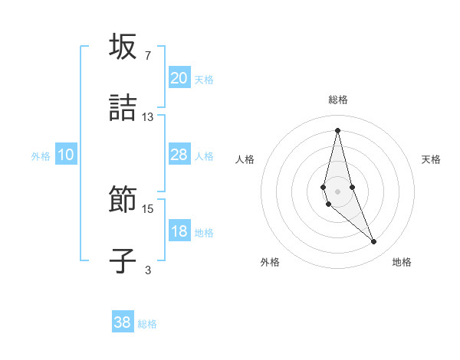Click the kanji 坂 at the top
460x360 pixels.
click(x=123, y=47)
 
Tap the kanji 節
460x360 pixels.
click(x=123, y=200)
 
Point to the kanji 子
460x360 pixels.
click(x=123, y=260)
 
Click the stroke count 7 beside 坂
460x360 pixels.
click(x=148, y=56)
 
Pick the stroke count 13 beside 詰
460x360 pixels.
click(x=148, y=116)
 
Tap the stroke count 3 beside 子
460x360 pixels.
click(x=148, y=270)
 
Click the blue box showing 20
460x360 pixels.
click(x=179, y=78)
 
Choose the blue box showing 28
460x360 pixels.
click(x=179, y=155)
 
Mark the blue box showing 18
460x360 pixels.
click(x=179, y=231)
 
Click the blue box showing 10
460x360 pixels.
click(x=66, y=155)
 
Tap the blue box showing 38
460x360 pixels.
click(x=123, y=322)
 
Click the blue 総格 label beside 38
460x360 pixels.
click(x=147, y=324)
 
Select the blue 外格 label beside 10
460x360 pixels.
click(x=41, y=155)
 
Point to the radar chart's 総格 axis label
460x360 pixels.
click(x=337, y=100)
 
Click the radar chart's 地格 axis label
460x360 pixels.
click(x=402, y=262)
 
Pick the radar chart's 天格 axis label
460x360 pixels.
click(x=431, y=159)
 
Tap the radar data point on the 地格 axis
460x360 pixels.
click(x=374, y=242)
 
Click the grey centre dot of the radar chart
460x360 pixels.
click(x=337, y=191)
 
